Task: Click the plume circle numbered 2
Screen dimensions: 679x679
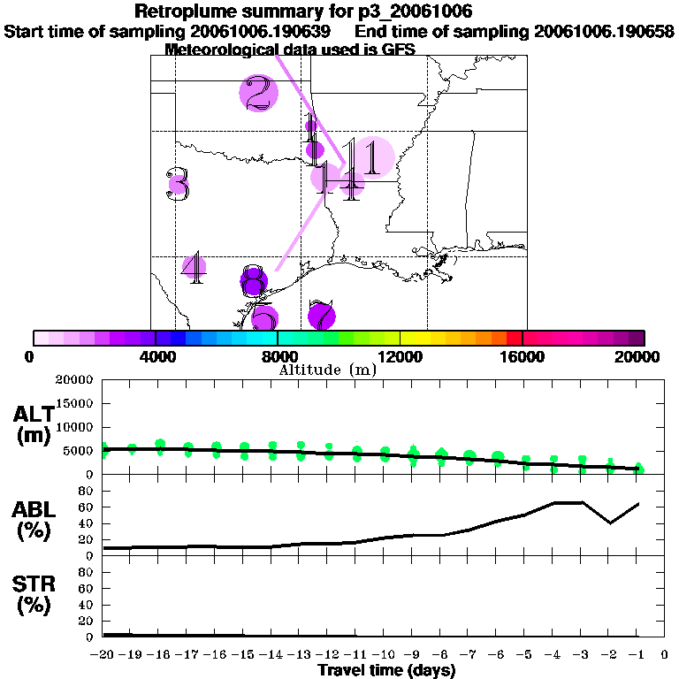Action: coord(258,93)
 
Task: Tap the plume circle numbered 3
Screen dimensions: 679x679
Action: coord(178,185)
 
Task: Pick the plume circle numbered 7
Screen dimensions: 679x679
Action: coord(322,315)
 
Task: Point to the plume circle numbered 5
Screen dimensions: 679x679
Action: coord(263,319)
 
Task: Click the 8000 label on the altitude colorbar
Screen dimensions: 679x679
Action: coord(278,357)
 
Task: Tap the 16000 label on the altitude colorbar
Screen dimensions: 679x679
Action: coord(523,357)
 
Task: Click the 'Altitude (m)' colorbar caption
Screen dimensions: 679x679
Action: coord(328,370)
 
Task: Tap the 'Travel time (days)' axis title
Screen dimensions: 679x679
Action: coord(386,671)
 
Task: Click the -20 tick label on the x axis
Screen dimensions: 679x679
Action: coord(103,655)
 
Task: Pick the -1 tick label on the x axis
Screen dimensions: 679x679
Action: coord(637,655)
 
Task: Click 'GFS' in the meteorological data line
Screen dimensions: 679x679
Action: coord(373,50)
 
